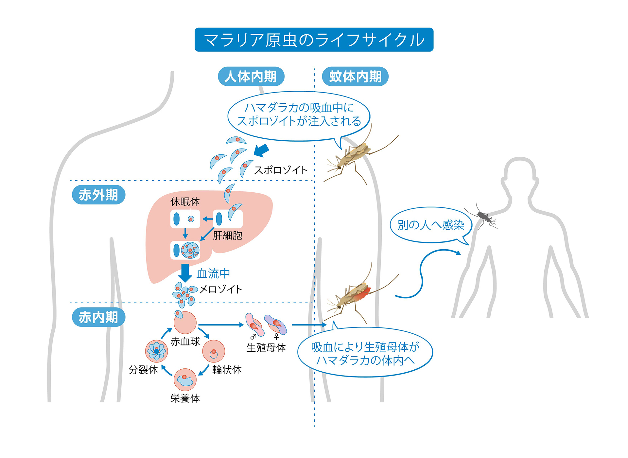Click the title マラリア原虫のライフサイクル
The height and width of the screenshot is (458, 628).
pyautogui.click(x=314, y=40)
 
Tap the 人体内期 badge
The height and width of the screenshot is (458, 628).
pyautogui.click(x=251, y=77)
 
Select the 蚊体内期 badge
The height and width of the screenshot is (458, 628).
pyautogui.click(x=355, y=77)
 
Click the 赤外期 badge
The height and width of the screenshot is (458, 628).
pyautogui.click(x=98, y=195)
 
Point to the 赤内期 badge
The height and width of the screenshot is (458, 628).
pyautogui.click(x=98, y=317)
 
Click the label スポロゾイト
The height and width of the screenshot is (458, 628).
pyautogui.click(x=281, y=170)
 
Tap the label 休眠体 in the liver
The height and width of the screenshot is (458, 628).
pyautogui.click(x=185, y=202)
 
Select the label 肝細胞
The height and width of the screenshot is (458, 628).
pyautogui.click(x=228, y=235)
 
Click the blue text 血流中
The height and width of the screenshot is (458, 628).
pyautogui.click(x=213, y=273)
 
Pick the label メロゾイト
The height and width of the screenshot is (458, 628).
pyautogui.click(x=221, y=289)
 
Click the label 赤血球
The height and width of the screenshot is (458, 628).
pyautogui.click(x=185, y=341)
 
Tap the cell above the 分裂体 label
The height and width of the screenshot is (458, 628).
pyautogui.click(x=156, y=351)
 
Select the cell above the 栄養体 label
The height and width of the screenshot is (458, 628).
pyautogui.click(x=185, y=380)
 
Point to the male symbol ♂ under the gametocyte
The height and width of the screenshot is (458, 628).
pyautogui.click(x=253, y=337)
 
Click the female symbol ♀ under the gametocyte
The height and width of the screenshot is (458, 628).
pyautogui.click(x=276, y=337)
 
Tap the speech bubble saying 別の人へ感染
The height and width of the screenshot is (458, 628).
pyautogui.click(x=431, y=225)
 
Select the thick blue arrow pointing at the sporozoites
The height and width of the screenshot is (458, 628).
pyautogui.click(x=261, y=151)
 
